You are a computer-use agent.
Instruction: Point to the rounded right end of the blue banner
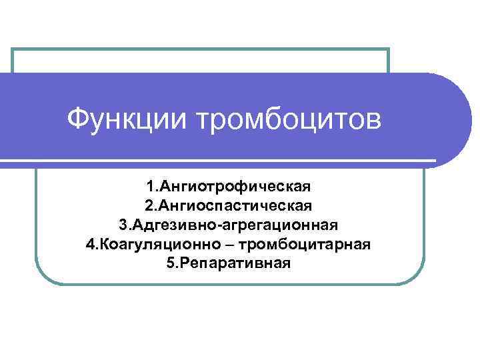point(460,120)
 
